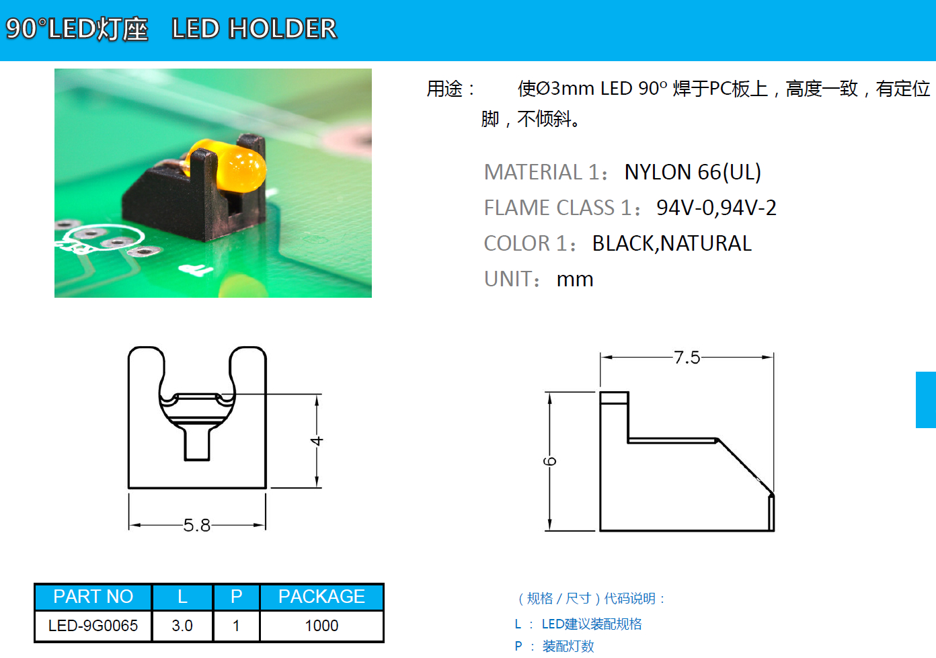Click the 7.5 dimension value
[x=687, y=358]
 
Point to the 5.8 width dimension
[x=197, y=525]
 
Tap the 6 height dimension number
[x=549, y=461]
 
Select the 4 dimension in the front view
[x=317, y=441]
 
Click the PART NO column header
[x=93, y=597]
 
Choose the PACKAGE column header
[x=321, y=597]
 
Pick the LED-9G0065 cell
[x=93, y=626]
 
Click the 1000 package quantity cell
[x=321, y=626]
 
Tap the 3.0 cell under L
[x=182, y=626]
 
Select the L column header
[x=183, y=597]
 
